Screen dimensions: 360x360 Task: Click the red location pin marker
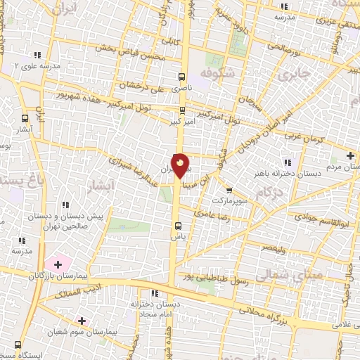[180, 166]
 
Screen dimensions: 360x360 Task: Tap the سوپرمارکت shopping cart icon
[229, 190]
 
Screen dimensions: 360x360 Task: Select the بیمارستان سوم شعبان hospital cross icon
[83, 321]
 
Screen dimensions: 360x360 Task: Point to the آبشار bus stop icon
[25, 118]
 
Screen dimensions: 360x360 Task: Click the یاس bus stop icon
[178, 226]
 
